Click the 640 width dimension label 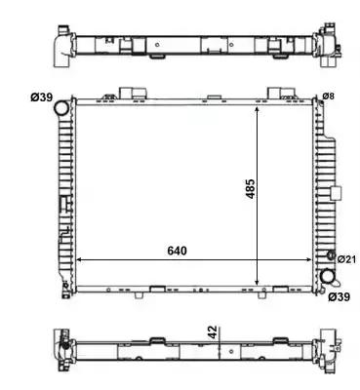tap(178, 251)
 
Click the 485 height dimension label tap(251, 188)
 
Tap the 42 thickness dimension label tap(212, 332)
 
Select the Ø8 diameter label tap(328, 97)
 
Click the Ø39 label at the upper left tap(42, 97)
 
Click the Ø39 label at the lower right tap(339, 296)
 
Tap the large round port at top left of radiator tap(61, 108)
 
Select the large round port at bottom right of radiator tap(328, 277)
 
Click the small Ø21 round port tap(331, 255)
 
